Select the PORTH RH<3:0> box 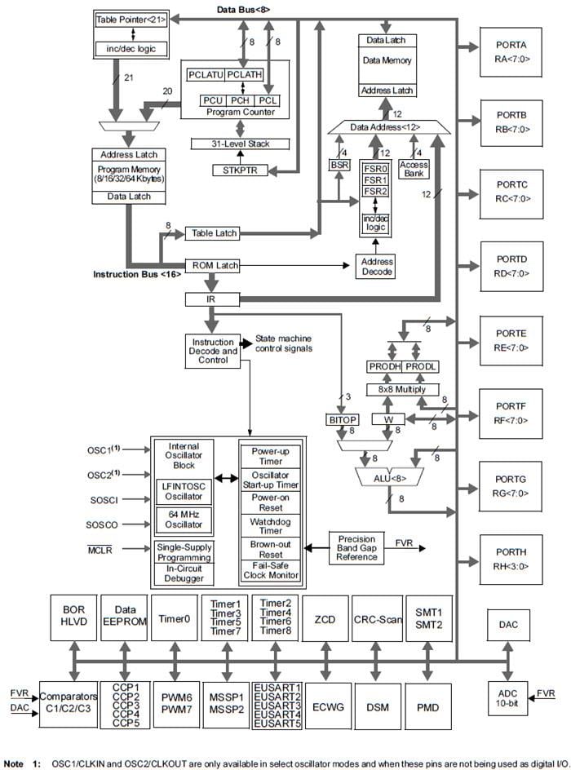[x=511, y=560]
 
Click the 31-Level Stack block [x=240, y=144]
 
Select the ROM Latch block [x=215, y=265]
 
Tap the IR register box [x=210, y=299]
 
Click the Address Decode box [x=375, y=267]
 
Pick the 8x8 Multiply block [x=402, y=389]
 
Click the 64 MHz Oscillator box [x=184, y=519]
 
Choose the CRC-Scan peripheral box [x=377, y=619]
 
